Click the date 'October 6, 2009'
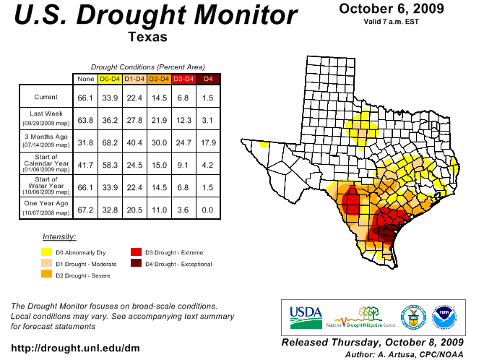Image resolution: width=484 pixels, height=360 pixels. coord(392,9)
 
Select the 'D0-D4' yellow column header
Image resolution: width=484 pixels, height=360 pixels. coord(109,78)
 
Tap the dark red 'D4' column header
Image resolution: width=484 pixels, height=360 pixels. coord(208,78)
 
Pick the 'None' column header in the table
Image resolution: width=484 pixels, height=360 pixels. coord(85,78)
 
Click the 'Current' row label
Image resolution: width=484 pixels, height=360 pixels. coord(46,97)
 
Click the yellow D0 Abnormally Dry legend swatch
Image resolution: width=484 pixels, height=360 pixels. coord(46,252)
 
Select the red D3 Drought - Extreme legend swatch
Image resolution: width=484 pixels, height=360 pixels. coord(136,252)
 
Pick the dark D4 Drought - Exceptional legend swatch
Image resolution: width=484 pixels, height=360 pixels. coord(136,264)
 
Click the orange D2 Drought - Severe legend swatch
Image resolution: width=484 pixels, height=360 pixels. coord(46,275)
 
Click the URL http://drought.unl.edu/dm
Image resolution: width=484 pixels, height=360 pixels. coord(76,348)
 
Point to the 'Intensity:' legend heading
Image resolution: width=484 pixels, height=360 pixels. coord(59,236)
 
